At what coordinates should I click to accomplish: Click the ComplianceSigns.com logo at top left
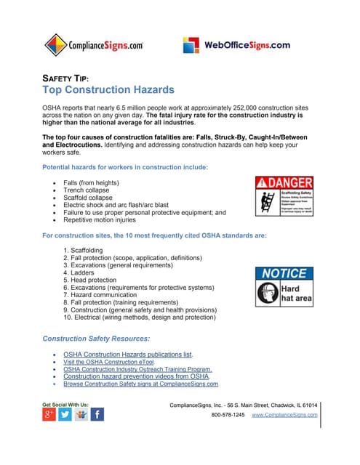coord(94,45)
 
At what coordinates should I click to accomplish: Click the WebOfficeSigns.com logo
coord(236,45)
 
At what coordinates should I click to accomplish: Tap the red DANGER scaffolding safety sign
coord(284,196)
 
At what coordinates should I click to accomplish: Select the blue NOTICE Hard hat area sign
coord(284,286)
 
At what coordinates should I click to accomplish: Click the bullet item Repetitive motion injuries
coord(100,219)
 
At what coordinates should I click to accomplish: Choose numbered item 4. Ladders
coord(82,272)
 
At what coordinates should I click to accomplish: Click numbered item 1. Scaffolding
coord(87,250)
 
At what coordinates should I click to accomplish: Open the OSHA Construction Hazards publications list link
coord(128,355)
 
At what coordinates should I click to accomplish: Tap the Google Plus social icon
coord(49,415)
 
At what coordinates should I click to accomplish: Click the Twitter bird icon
coord(65,415)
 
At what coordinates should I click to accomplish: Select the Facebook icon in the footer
coord(97,415)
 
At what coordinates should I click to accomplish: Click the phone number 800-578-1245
coord(228,415)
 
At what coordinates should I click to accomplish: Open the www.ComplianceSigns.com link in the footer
coord(284,415)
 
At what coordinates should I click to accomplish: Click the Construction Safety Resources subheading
coord(96,339)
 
